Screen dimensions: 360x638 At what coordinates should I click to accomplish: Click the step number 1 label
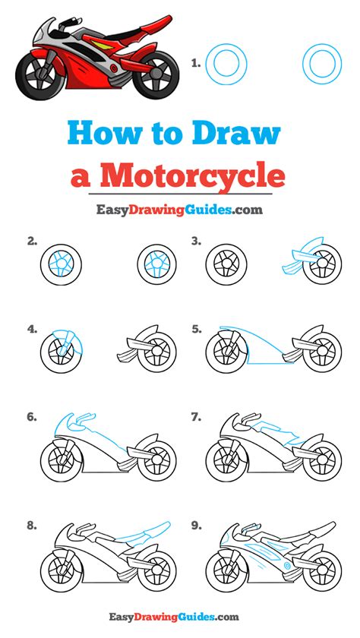[196, 63]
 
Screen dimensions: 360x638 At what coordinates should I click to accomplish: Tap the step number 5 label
[197, 329]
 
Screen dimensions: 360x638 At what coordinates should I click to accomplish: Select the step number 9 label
[197, 526]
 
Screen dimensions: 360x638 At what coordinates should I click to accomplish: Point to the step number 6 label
[32, 417]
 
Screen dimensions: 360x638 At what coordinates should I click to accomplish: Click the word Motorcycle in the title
[192, 175]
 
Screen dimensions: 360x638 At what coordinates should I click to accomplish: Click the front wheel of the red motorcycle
[39, 74]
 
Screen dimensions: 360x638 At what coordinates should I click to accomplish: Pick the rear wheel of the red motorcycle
[156, 74]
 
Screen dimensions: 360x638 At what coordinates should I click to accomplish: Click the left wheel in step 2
[61, 264]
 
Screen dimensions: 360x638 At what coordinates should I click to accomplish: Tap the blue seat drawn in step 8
[144, 533]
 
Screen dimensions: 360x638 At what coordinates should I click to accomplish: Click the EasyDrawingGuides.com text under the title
[179, 210]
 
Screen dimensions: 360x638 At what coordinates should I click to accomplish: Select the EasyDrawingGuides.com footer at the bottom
[174, 617]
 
